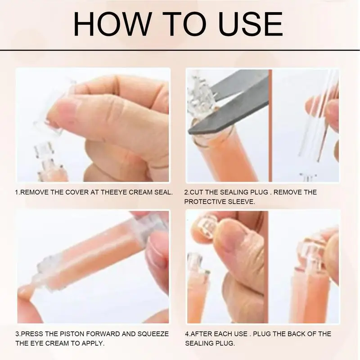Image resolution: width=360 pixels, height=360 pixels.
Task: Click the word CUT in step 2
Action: tap(198, 192)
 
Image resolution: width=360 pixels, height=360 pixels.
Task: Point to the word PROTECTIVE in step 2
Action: tap(207, 202)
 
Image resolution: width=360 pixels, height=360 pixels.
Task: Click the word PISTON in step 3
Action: tap(67, 334)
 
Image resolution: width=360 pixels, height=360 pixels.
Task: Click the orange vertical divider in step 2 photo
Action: tap(270, 126)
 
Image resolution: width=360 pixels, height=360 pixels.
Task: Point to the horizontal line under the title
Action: tap(180, 49)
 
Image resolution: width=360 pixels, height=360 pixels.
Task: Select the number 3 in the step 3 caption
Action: tap(17, 334)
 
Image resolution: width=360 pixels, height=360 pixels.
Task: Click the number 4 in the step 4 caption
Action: tap(187, 334)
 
